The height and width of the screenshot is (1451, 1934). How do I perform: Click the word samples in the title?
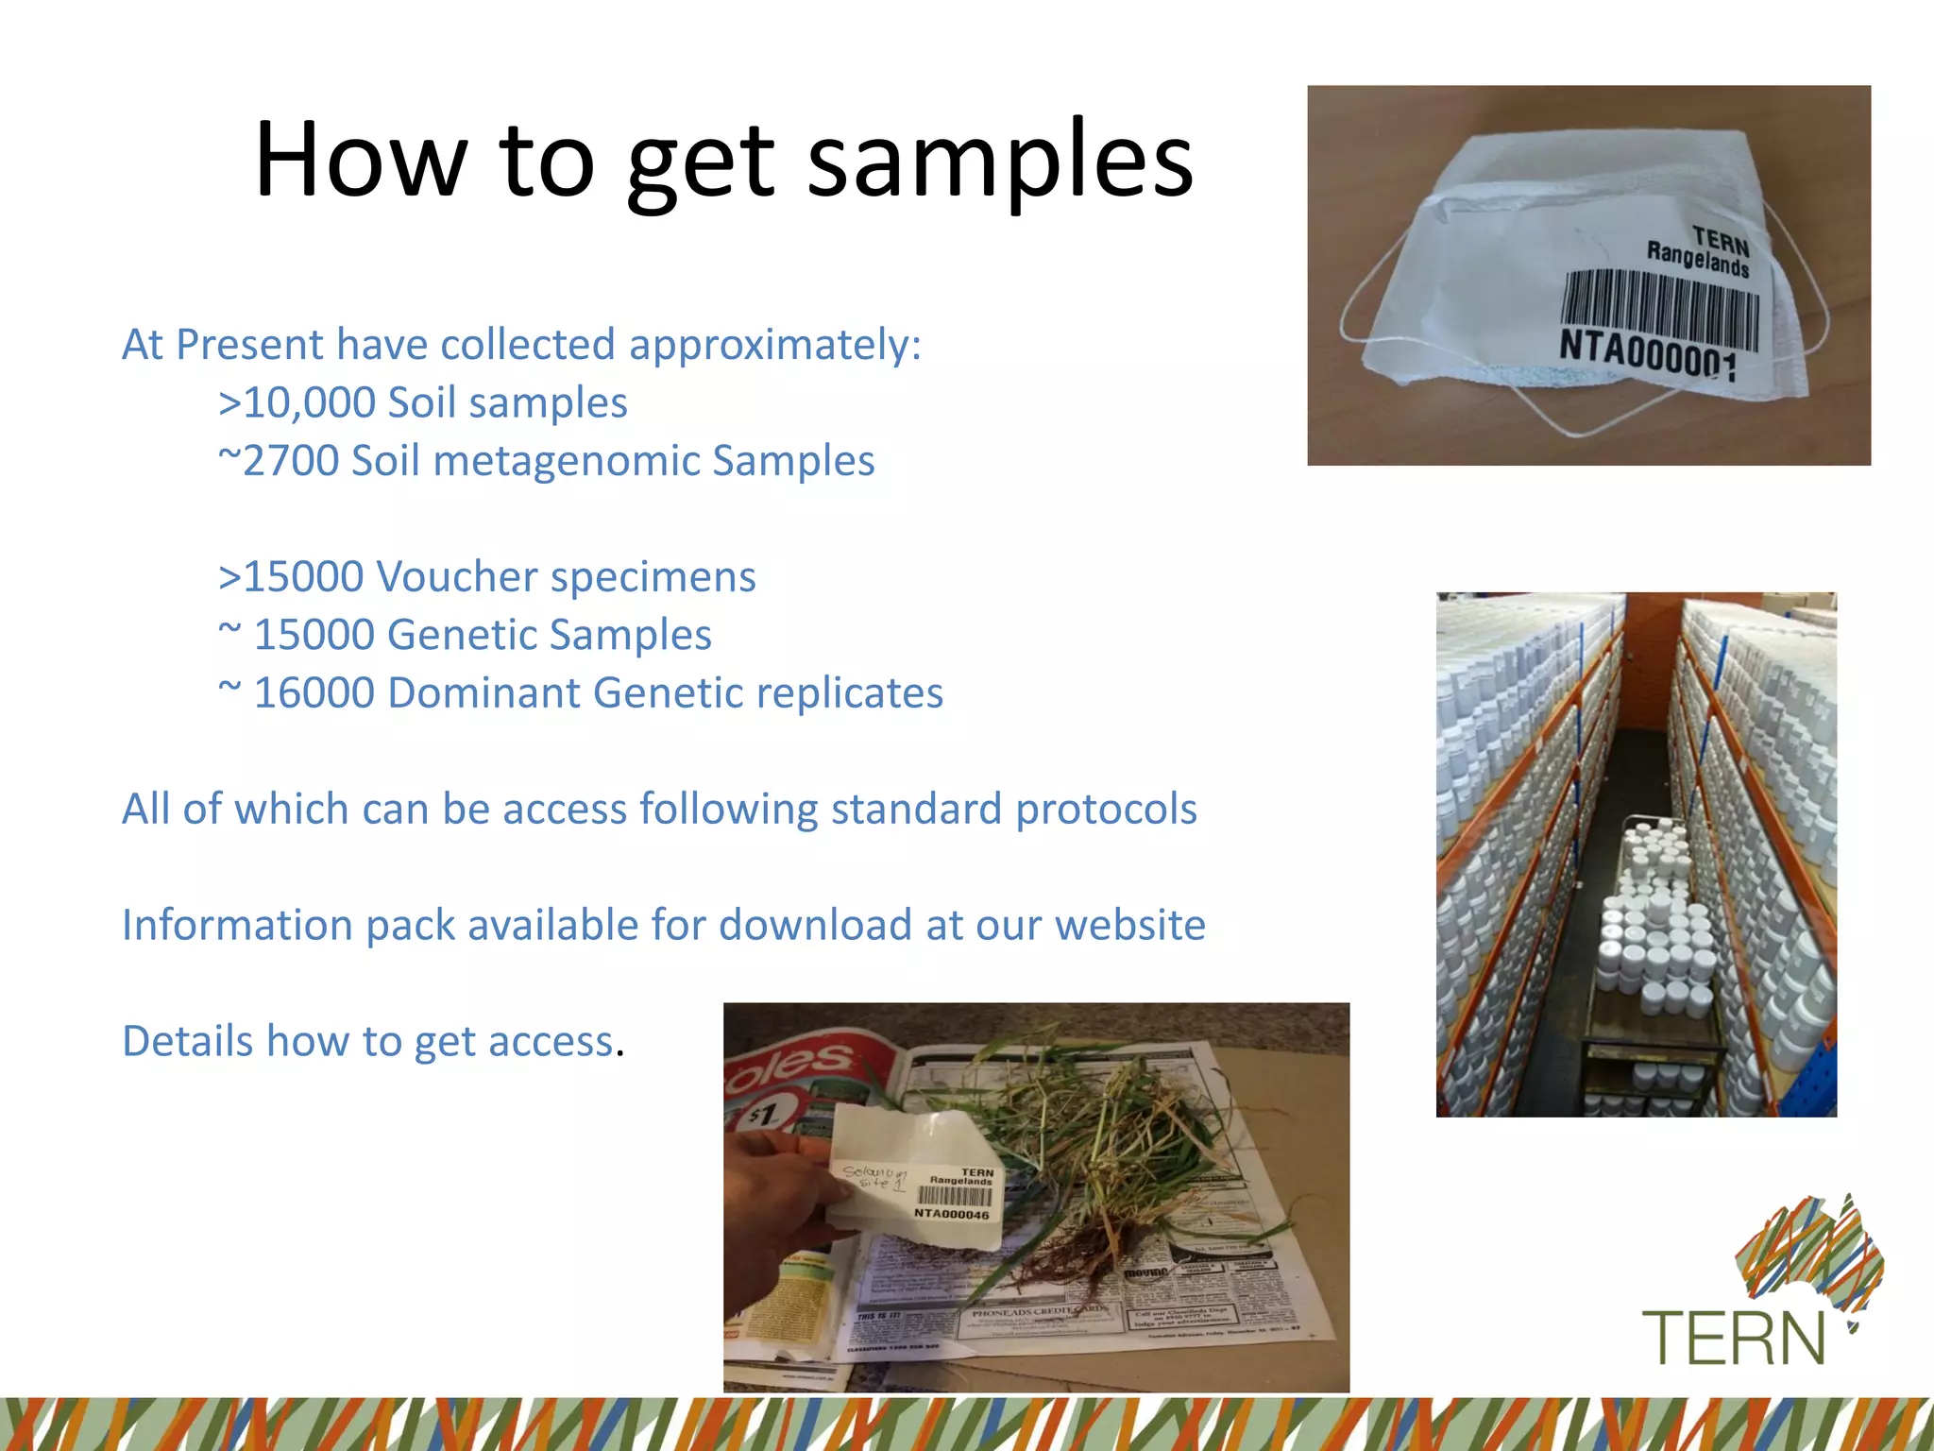tap(1000, 161)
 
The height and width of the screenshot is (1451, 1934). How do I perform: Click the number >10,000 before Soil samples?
tap(297, 403)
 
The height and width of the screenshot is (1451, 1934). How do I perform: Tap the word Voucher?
tap(457, 577)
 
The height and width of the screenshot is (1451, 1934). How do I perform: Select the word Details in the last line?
tap(188, 1041)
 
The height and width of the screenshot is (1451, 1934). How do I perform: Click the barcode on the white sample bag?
tap(1659, 310)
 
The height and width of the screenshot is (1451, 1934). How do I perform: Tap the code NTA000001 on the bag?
tap(1648, 354)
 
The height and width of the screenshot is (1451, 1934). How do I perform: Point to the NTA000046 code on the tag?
tap(951, 1214)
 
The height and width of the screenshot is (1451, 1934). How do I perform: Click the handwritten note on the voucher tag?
tap(874, 1177)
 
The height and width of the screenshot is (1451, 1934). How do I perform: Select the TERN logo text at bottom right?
tap(1733, 1338)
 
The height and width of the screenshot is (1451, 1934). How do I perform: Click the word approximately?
tap(774, 346)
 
